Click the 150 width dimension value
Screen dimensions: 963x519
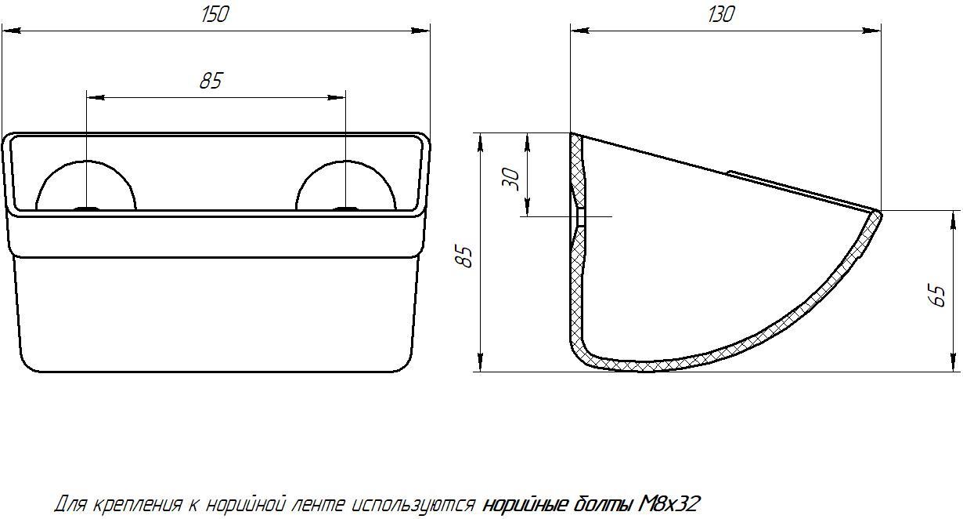[x=215, y=15]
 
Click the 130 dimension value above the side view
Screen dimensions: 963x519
[x=721, y=15]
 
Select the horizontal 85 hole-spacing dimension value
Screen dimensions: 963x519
[x=211, y=81]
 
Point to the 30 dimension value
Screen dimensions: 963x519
[x=511, y=179]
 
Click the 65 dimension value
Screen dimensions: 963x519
[x=939, y=295]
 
